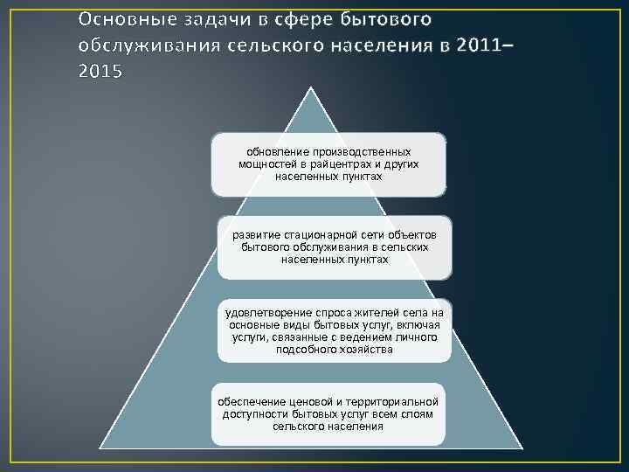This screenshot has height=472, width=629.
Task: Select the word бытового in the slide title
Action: coord(386,19)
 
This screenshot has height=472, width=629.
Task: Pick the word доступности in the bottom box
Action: coord(254,413)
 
